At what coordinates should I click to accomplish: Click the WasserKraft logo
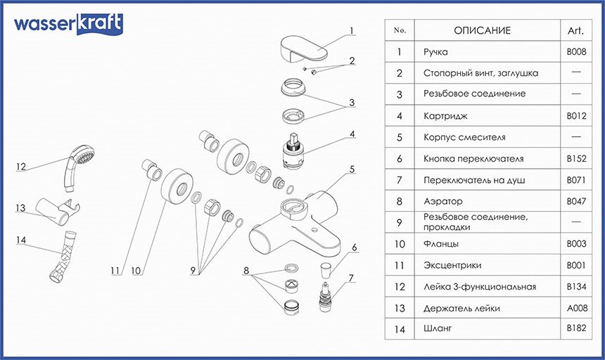(x=69, y=24)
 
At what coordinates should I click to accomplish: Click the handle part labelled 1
(x=303, y=49)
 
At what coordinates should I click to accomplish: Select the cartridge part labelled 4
(x=294, y=152)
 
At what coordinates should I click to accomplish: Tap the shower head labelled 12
(x=78, y=167)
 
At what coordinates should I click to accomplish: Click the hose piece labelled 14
(x=63, y=255)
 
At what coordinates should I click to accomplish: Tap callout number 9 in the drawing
(x=193, y=271)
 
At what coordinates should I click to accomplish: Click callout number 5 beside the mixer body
(x=352, y=169)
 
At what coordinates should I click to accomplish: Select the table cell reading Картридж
(x=445, y=115)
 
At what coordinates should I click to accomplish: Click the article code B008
(x=576, y=51)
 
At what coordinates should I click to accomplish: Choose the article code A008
(x=577, y=308)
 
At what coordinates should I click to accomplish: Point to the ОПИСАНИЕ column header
(x=483, y=30)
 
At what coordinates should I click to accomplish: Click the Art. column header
(x=575, y=31)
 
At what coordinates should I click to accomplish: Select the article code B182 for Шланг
(x=576, y=328)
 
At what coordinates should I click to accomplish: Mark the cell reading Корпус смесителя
(x=464, y=137)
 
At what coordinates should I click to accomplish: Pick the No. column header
(x=400, y=30)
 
